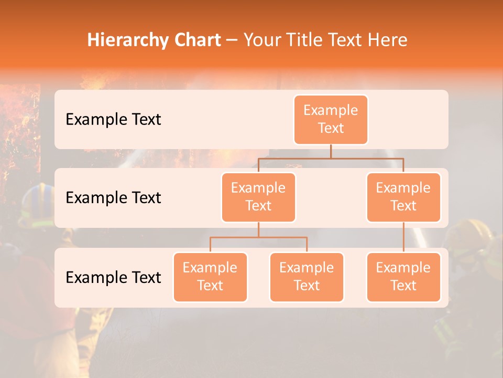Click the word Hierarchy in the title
126,40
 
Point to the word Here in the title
388,40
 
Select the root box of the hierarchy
331,119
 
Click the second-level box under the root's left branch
258,197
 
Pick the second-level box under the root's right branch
403,197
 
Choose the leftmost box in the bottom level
210,277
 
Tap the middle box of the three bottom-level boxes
307,277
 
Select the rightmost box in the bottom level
403,277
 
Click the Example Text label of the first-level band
113,120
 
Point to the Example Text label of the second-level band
113,198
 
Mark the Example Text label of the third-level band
113,277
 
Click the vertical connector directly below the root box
331,151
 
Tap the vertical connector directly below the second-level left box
258,229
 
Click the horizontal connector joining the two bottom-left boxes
258,237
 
